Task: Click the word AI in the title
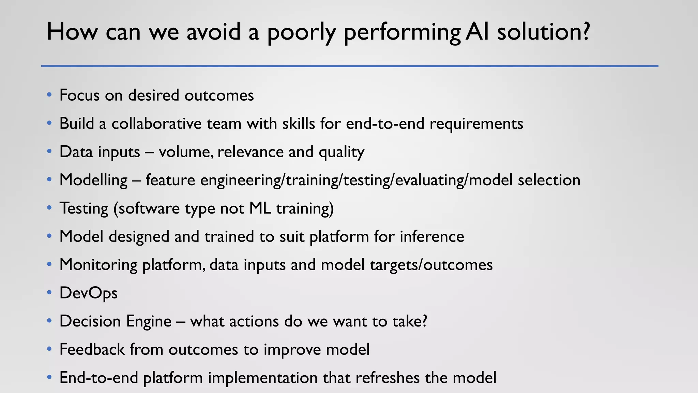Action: tap(478, 32)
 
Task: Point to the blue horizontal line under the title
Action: tap(349, 66)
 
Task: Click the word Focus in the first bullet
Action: tap(79, 95)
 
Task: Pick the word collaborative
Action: tap(156, 123)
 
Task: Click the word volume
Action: tap(186, 152)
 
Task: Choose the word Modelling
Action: tap(93, 180)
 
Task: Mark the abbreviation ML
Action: tap(260, 208)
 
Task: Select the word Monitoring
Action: tap(98, 265)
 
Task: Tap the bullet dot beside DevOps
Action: tap(49, 293)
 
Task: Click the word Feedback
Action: tap(92, 350)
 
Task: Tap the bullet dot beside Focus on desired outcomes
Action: tap(49, 95)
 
